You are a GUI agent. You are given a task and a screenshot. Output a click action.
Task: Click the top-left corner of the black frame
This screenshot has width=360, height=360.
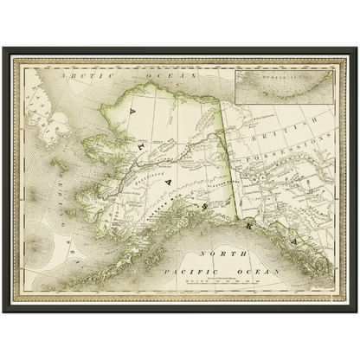(3, 48)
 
